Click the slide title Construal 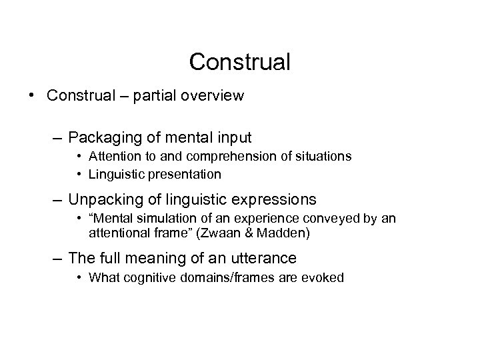[240, 62]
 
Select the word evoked [325, 277]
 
